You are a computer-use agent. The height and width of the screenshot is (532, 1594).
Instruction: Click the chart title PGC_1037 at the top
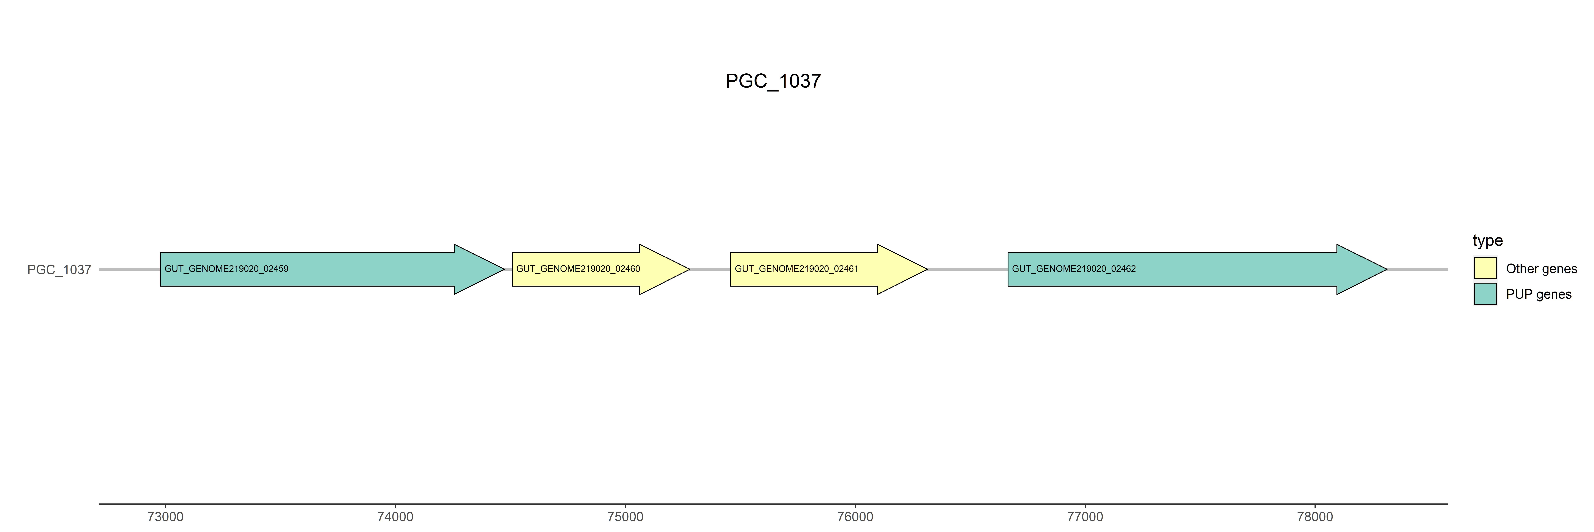point(773,81)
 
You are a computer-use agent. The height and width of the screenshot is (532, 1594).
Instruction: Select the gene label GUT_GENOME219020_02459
point(227,269)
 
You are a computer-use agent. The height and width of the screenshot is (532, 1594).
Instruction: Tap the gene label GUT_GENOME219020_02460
point(578,269)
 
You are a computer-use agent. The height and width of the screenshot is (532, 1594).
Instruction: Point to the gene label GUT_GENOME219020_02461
point(796,269)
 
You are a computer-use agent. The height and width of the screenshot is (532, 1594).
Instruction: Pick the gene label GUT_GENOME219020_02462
point(1074,269)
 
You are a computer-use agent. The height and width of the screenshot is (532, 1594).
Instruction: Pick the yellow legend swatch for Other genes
point(1485,268)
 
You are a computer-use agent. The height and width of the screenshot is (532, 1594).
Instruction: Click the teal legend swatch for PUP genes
point(1485,293)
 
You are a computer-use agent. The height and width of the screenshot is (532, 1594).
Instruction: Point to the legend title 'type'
point(1488,240)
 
